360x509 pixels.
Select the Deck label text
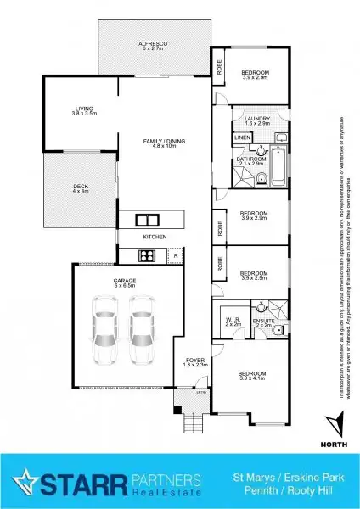tap(80, 187)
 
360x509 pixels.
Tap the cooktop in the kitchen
tap(145, 255)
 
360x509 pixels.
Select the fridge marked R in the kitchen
tap(174, 255)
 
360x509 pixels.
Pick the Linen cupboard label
tap(243, 137)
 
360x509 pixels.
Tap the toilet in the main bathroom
tap(263, 176)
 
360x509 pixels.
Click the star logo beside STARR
tap(31, 482)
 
